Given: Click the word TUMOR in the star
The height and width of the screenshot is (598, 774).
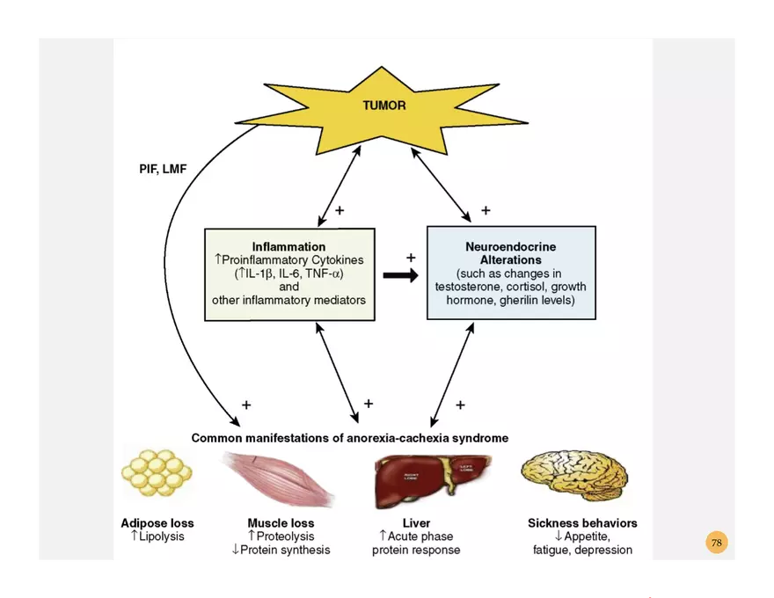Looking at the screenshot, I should pos(384,106).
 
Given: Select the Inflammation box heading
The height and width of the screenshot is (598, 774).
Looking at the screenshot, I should pos(288,247).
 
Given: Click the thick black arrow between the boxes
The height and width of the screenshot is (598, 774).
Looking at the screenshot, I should pos(401,275).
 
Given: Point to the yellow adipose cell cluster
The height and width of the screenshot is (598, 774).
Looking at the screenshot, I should pos(157,475).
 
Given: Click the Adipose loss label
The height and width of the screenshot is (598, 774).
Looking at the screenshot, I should pos(157,523).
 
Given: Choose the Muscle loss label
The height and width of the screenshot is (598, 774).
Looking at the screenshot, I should pos(281,523).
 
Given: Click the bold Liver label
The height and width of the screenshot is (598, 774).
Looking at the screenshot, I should pos(416,523).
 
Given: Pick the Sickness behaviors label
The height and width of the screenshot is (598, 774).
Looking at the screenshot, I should pos(582,523).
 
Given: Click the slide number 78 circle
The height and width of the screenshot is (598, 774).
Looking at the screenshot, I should pos(716,543).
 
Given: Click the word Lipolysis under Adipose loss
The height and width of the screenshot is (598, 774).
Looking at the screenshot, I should pos(162,536).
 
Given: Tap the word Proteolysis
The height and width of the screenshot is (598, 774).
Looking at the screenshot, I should pos(285,536).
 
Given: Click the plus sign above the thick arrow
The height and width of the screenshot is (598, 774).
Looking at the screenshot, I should pos(410,258).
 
